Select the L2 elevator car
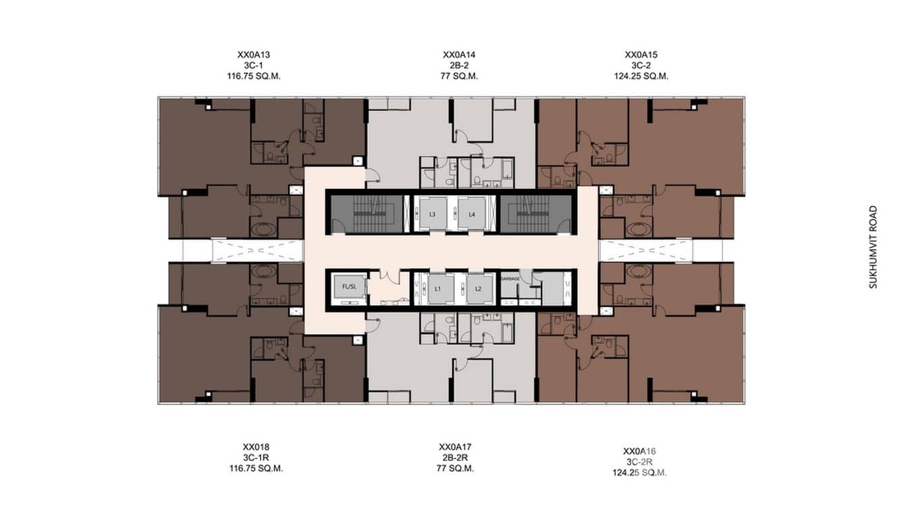point(479,289)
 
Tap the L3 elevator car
point(432,214)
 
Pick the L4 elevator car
point(471,214)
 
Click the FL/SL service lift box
point(350,287)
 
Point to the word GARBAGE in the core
point(510,279)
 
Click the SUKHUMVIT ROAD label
point(873,248)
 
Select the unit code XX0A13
point(254,55)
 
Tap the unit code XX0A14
point(459,55)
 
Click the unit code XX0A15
point(641,55)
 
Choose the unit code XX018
point(256,447)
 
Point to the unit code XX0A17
point(455,447)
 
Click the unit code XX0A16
point(639,451)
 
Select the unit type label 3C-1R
point(256,458)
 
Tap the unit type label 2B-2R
point(455,458)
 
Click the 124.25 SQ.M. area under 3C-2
point(641,76)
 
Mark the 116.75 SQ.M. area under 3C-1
point(254,76)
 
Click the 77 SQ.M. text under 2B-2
point(459,76)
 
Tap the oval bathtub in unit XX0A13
point(264,230)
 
